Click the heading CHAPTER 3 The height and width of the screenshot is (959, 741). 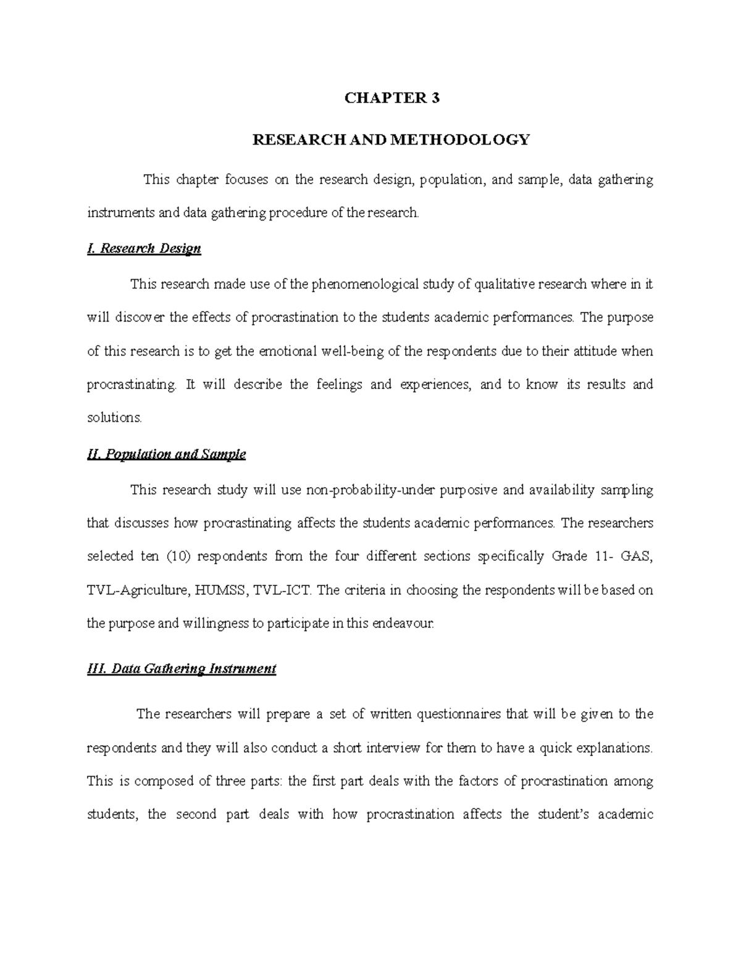click(x=391, y=98)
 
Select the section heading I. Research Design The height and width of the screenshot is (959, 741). click(x=144, y=249)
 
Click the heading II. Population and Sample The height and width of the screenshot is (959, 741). click(x=167, y=454)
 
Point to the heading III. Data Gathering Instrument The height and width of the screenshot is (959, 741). click(x=182, y=669)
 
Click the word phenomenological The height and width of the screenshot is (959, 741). click(x=364, y=285)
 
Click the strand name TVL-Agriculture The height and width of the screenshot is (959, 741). click(x=138, y=590)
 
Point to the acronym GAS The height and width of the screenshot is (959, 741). click(x=636, y=556)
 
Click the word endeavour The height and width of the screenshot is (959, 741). click(x=403, y=623)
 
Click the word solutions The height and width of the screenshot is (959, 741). click(x=114, y=417)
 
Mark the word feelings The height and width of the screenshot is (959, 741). click(x=338, y=385)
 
